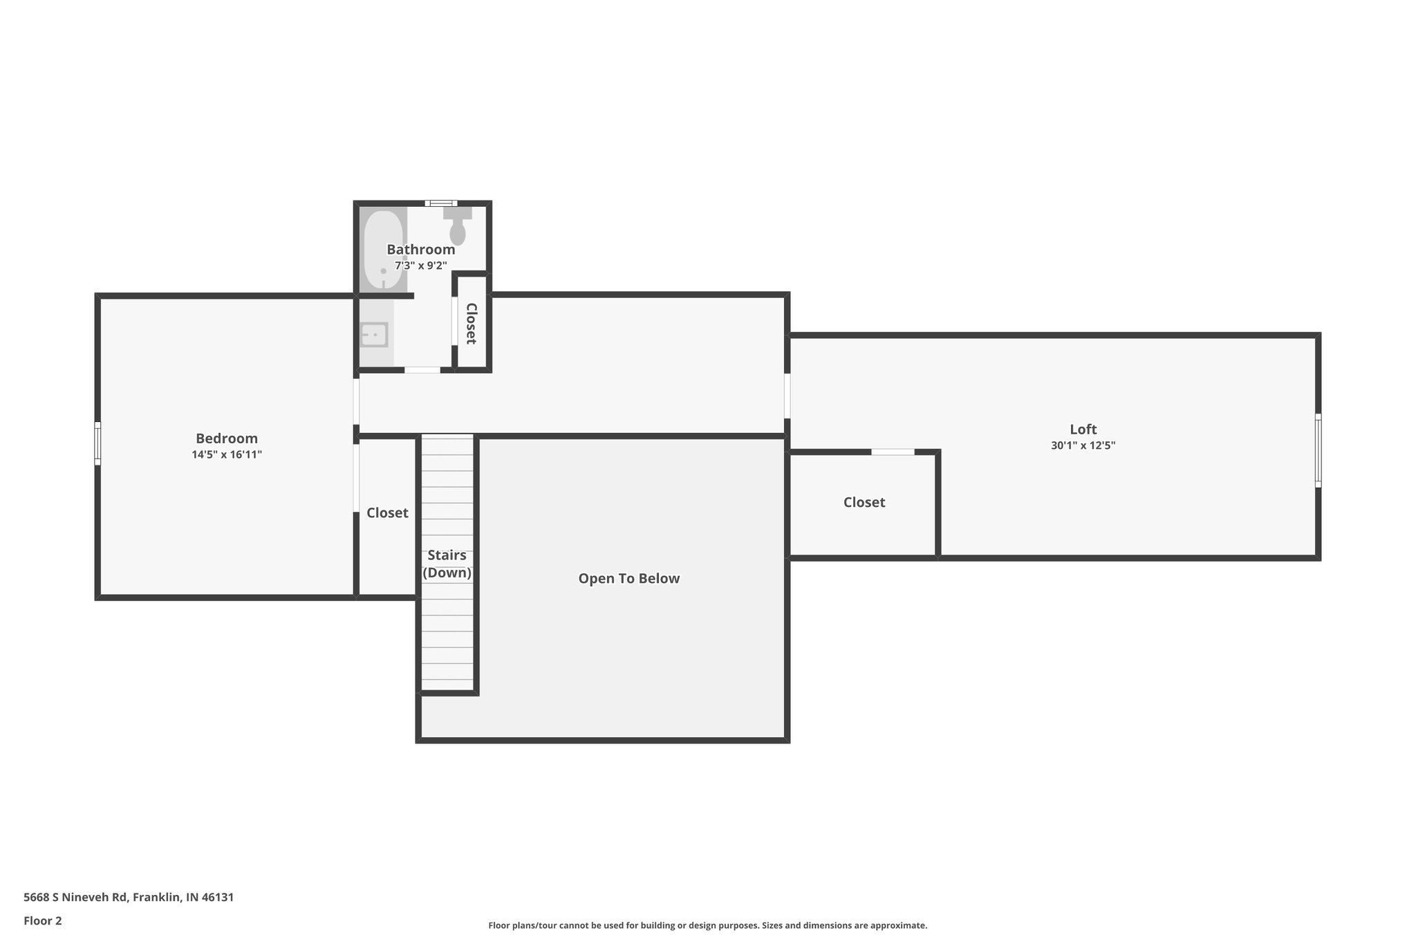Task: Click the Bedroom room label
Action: (x=227, y=438)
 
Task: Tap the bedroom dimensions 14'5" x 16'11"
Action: (x=227, y=455)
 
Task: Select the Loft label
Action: (x=1083, y=429)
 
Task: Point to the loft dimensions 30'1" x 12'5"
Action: (x=1083, y=446)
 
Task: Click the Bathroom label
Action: (x=420, y=250)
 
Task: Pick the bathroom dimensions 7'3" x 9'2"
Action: (x=420, y=266)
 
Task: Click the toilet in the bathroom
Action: (x=457, y=227)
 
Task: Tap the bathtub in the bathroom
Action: (x=383, y=250)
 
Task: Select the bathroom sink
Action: (x=374, y=335)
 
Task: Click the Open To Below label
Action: (x=628, y=579)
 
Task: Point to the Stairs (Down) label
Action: (x=447, y=564)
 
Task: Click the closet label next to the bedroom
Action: (x=387, y=513)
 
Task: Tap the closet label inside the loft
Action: (x=864, y=503)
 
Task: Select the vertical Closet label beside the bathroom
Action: (x=472, y=323)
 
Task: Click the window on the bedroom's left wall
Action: (x=97, y=443)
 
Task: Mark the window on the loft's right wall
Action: (x=1318, y=450)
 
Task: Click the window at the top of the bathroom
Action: (x=441, y=203)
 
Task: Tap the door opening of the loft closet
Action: (x=892, y=452)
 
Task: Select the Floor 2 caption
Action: (x=43, y=921)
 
